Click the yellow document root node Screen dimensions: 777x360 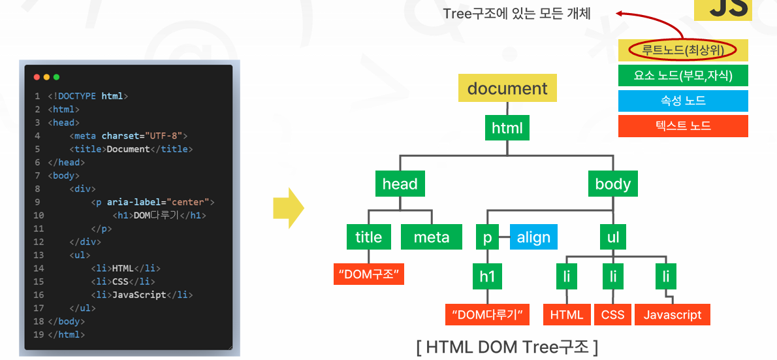(507, 88)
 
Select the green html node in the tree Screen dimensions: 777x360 (507, 128)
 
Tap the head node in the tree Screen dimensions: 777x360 (400, 184)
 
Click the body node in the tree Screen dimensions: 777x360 (612, 184)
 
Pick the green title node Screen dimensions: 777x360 (368, 237)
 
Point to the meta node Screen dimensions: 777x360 (432, 237)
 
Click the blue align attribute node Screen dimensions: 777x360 (533, 237)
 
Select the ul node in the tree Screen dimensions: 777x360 (612, 237)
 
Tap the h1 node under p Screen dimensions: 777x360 (488, 276)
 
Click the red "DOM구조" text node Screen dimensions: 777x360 (369, 274)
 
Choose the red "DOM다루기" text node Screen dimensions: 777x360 (487, 314)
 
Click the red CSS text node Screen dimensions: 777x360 (612, 314)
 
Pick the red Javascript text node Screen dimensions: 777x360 (672, 314)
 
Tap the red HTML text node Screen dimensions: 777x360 (566, 314)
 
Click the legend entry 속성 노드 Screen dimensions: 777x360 (682, 101)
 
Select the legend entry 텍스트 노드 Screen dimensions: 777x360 (682, 126)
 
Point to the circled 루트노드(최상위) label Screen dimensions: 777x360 (682, 50)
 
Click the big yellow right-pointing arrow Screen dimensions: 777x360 (288, 209)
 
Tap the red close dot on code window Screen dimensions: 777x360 (37, 77)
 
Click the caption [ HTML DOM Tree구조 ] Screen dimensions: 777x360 (507, 347)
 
